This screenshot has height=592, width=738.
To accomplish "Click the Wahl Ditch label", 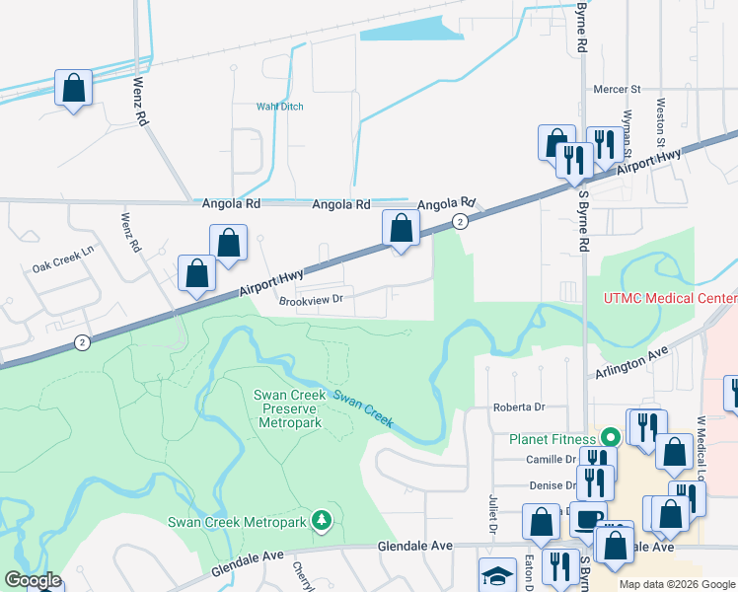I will [x=279, y=107].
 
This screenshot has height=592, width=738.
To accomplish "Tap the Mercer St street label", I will [x=617, y=89].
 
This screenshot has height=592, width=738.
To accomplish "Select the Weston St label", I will [x=660, y=116].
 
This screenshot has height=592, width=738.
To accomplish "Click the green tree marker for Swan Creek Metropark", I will [x=320, y=519].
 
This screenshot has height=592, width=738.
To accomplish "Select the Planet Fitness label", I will [x=552, y=439].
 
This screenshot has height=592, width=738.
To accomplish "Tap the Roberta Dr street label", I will [x=519, y=407].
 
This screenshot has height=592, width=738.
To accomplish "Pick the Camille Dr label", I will [x=551, y=460].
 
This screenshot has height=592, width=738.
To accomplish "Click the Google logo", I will [x=32, y=580].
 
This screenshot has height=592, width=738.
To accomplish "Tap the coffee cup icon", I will [x=588, y=521].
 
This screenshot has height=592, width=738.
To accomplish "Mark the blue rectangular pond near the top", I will [x=411, y=34].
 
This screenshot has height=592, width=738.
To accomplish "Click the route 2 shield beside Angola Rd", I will [x=460, y=222].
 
